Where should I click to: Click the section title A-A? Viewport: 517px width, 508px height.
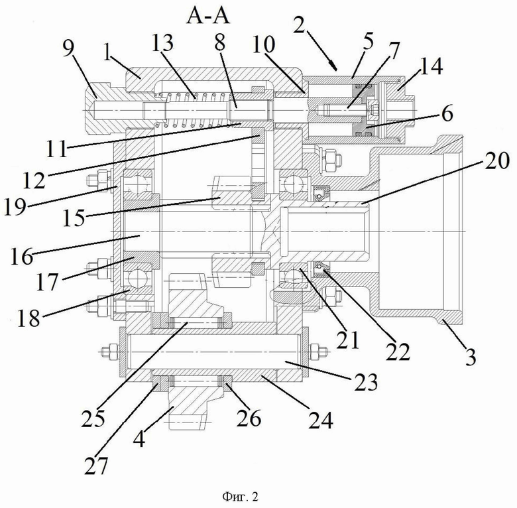click(208, 17)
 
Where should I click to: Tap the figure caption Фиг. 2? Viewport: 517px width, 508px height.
click(241, 496)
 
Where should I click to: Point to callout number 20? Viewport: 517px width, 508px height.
click(496, 161)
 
